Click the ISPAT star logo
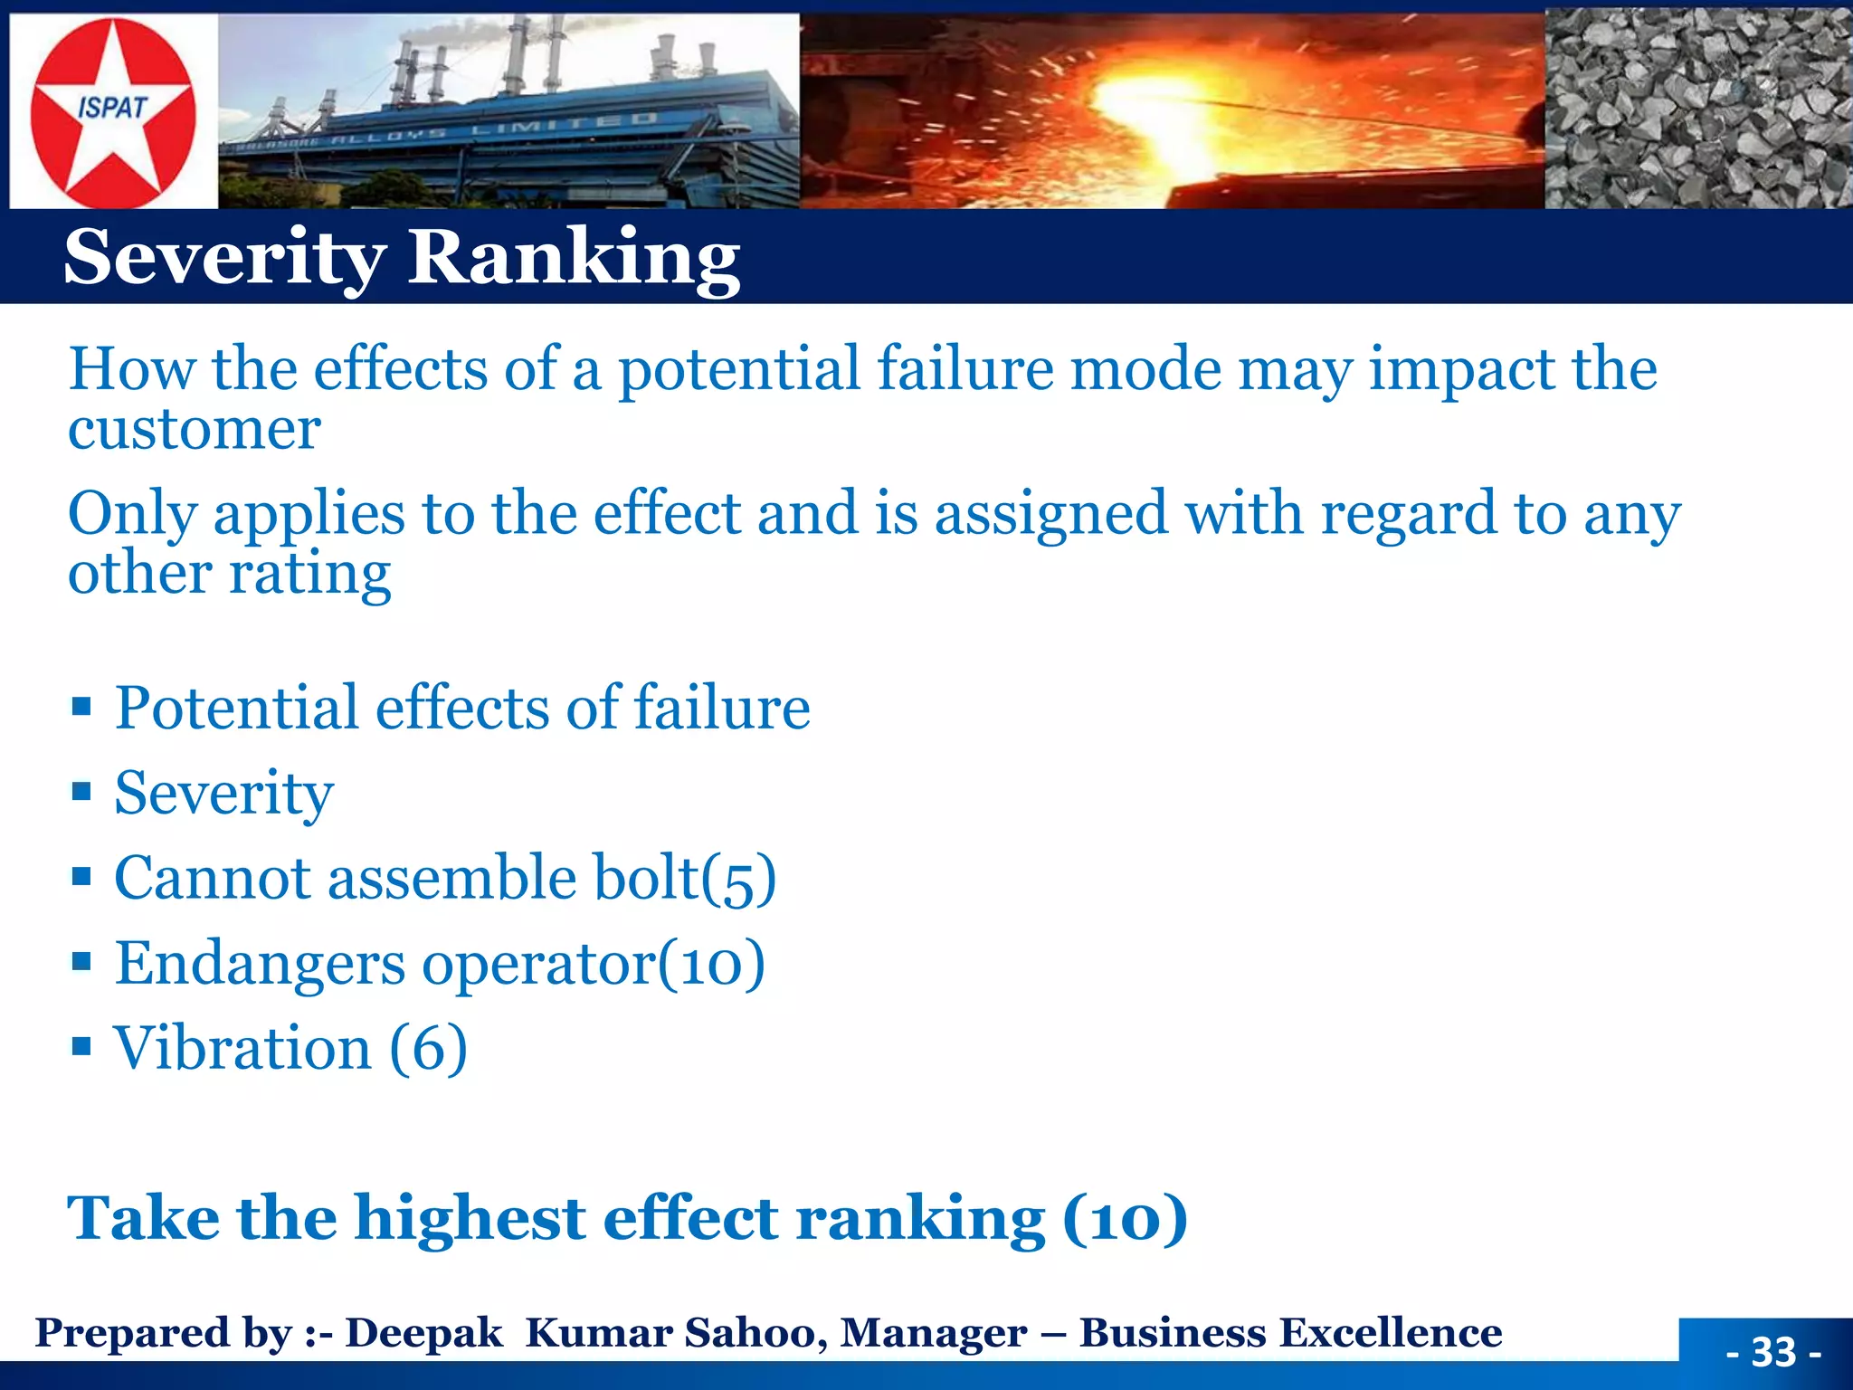tap(113, 112)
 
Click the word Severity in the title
tap(224, 258)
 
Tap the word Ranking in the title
tap(574, 258)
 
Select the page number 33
tap(1772, 1352)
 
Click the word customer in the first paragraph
tap(195, 429)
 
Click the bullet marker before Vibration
tap(81, 1047)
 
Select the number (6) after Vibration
tap(428, 1048)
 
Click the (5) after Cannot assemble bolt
tap(738, 878)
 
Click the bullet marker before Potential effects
tap(81, 706)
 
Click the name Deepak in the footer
tap(423, 1333)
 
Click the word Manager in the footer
tap(933, 1333)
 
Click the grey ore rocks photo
tap(1697, 109)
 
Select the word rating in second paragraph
tap(310, 574)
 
